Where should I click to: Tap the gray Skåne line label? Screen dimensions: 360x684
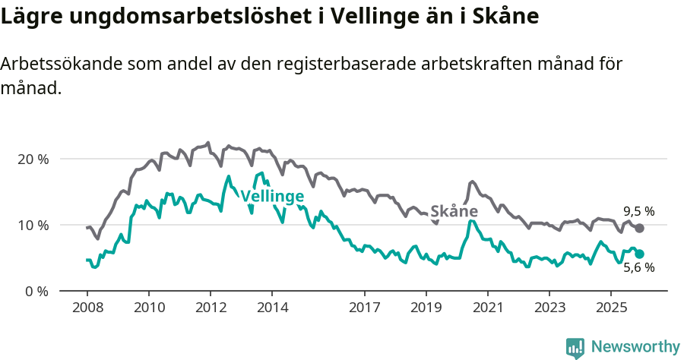coord(454,211)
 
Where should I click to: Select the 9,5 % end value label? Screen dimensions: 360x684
coord(639,211)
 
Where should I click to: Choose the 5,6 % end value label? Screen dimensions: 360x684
coord(639,267)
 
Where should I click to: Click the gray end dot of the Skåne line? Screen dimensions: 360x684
coord(640,228)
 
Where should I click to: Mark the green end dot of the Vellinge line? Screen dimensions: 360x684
coord(640,254)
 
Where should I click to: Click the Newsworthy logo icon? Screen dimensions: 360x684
coord(575,348)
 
